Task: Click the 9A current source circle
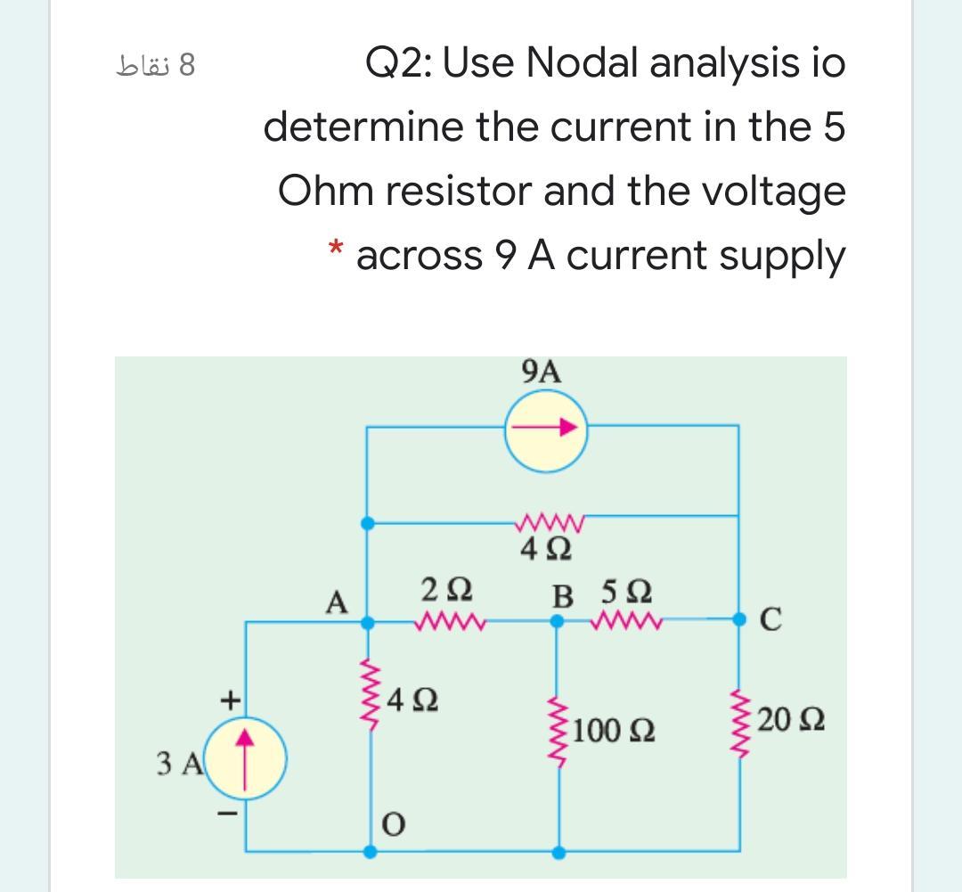(544, 430)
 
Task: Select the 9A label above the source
(543, 371)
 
